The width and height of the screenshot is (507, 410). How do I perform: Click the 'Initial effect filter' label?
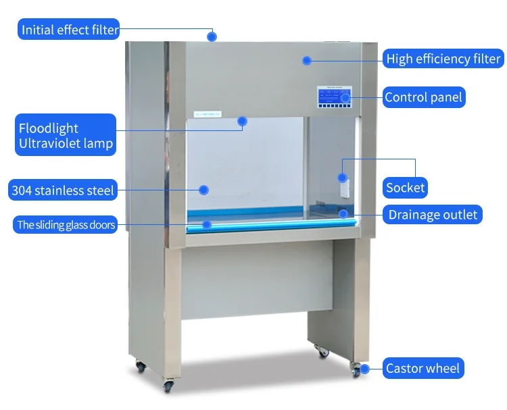coord(70,30)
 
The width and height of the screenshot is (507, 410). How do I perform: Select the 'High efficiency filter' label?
coord(443,59)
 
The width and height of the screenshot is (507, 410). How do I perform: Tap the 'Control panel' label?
coord(423,97)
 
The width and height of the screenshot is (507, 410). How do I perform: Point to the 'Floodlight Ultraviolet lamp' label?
coord(66,136)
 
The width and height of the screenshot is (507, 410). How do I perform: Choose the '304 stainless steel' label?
coord(63,190)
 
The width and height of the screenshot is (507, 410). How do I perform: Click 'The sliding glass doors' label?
coord(66,225)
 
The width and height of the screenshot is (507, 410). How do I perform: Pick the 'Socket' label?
coord(406,187)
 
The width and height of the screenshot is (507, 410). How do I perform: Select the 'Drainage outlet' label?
coord(433,215)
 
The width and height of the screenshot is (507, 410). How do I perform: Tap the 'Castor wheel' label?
coord(422,369)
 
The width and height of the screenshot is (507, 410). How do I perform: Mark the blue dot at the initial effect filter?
coord(212,36)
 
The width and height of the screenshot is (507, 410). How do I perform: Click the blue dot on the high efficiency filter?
coord(306,60)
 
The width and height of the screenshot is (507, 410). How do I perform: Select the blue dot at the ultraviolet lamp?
coord(242,122)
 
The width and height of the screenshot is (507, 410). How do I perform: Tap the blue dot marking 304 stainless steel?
coord(202,190)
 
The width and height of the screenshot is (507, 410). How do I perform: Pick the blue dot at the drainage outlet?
coord(343,214)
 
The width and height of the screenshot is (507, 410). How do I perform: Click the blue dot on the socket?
coord(343,178)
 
